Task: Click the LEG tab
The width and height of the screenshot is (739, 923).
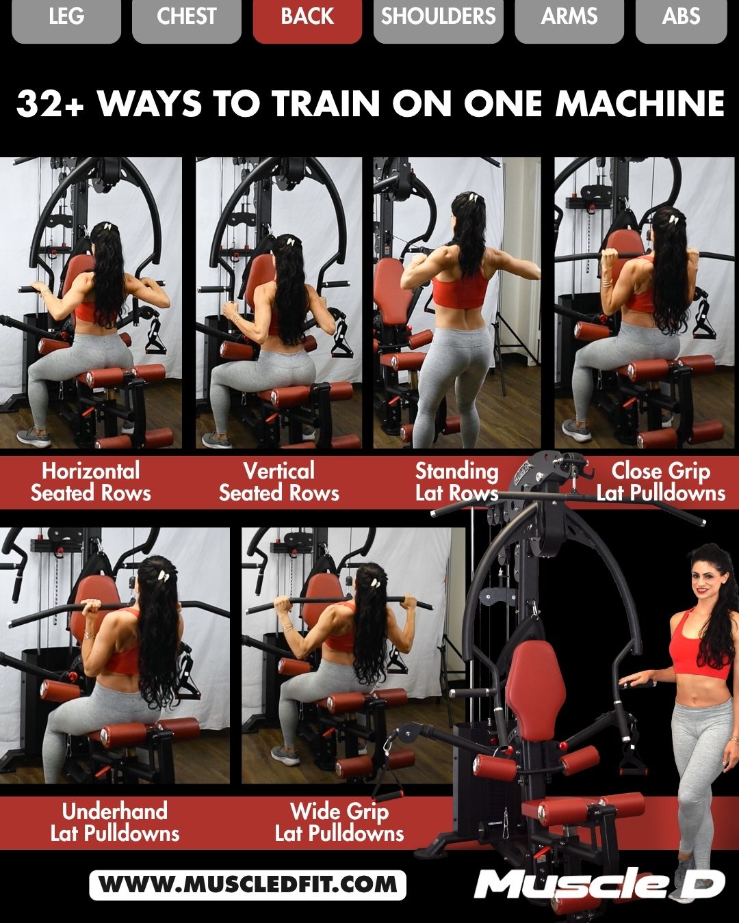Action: (x=66, y=16)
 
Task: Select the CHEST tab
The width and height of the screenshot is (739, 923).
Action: (x=186, y=16)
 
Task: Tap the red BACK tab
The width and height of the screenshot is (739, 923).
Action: (x=307, y=16)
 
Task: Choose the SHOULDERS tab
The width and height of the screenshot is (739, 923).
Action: (x=438, y=16)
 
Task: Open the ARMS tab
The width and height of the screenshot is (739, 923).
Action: (x=569, y=16)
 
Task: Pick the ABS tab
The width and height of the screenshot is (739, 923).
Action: (x=681, y=16)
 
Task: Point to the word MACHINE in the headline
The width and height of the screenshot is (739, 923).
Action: (x=640, y=104)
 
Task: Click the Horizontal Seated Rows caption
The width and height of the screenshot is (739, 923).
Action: (x=91, y=482)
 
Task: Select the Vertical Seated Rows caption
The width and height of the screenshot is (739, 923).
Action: (x=279, y=482)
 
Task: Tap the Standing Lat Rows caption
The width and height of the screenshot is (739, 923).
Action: (x=456, y=482)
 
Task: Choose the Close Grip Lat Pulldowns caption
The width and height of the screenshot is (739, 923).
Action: (x=660, y=482)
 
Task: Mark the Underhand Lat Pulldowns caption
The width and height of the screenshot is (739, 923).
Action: (x=115, y=822)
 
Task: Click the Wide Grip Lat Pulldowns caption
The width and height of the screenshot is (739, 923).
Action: (x=339, y=822)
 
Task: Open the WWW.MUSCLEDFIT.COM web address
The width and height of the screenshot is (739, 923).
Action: (x=248, y=885)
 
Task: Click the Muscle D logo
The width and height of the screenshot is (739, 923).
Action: (x=599, y=885)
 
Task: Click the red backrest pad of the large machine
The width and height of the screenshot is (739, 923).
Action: (x=528, y=691)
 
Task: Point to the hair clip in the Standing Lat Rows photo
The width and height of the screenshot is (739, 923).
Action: (x=472, y=198)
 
